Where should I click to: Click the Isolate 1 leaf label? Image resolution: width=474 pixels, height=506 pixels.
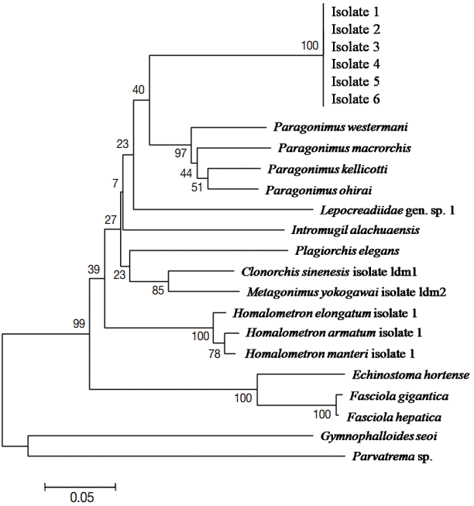click(x=355, y=12)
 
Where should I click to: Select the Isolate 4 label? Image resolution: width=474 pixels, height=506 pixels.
click(x=355, y=64)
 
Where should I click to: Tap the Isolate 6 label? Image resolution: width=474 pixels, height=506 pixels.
click(x=355, y=98)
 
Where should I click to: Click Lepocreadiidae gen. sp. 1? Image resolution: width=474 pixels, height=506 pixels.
click(x=372, y=209)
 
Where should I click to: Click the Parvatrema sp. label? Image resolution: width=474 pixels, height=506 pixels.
click(x=388, y=457)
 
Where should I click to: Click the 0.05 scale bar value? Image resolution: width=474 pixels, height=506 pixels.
click(x=80, y=497)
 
